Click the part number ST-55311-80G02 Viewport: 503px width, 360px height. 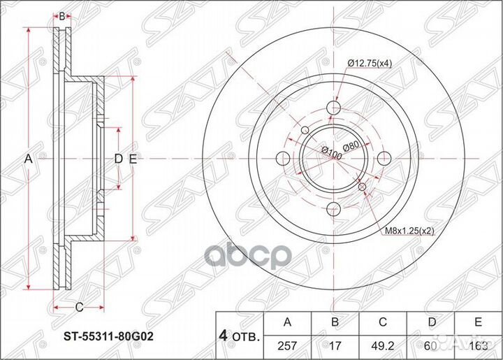click(x=105, y=335)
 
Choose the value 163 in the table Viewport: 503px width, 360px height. click(x=478, y=344)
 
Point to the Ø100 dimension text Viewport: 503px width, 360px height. click(x=331, y=153)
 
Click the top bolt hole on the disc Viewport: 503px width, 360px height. click(x=334, y=107)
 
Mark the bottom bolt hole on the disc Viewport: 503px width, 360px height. click(x=334, y=209)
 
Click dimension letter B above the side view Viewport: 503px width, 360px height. click(x=61, y=16)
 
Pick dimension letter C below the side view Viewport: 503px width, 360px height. click(x=79, y=306)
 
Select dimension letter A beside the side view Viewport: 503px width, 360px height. click(x=29, y=159)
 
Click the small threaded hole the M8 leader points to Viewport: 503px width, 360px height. click(x=362, y=187)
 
